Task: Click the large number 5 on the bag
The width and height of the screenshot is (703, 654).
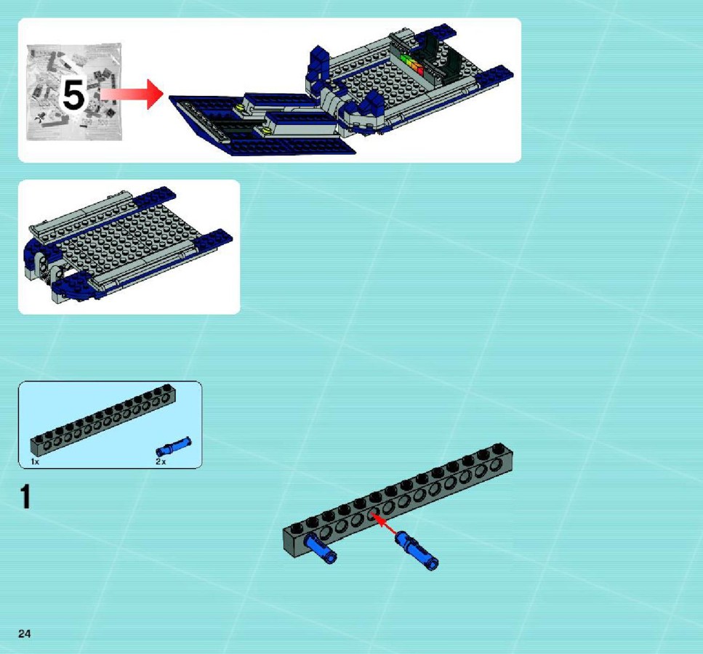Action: point(74,94)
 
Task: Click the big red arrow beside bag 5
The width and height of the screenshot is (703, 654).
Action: point(132,94)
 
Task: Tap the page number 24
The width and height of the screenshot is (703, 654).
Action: point(24,634)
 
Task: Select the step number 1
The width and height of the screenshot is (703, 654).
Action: point(25,496)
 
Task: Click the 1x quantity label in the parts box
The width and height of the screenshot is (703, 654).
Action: point(35,461)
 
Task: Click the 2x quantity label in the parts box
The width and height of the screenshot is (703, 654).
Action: point(161,461)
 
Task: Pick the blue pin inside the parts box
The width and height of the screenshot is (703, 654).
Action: point(174,447)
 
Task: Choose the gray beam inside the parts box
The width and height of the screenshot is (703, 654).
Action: point(103,420)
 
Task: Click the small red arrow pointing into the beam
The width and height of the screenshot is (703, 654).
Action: point(385,525)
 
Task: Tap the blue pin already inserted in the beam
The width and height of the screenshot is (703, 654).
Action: point(320,549)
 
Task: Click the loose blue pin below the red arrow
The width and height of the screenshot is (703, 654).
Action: point(417,551)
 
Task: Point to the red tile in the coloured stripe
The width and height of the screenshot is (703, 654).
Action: point(420,70)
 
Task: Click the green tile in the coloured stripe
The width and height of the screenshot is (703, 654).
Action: point(406,60)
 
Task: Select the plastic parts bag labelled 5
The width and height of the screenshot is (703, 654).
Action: point(74,92)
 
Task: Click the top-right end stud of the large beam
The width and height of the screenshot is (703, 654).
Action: point(499,448)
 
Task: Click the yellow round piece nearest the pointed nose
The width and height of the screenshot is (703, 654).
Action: point(241,107)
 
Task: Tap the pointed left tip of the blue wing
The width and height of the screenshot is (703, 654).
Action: point(169,97)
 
